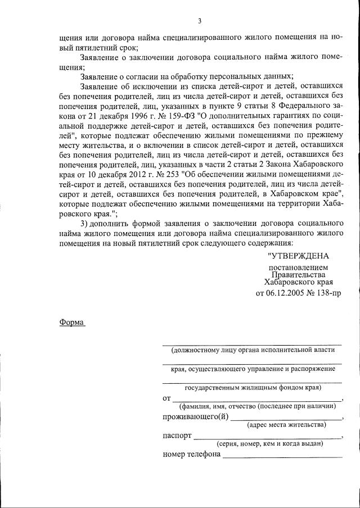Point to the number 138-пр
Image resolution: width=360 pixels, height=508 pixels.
[x=327, y=293]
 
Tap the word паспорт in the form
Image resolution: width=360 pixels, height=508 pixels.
[x=177, y=436]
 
